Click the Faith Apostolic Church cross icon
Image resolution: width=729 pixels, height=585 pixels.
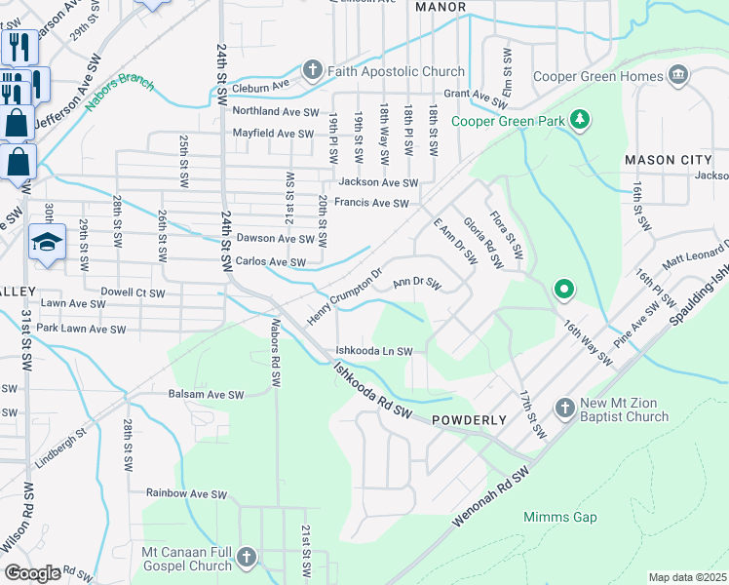(x=312, y=71)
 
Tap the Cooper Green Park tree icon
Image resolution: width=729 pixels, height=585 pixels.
(x=581, y=120)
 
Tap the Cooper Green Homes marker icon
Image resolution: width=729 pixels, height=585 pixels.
(x=679, y=75)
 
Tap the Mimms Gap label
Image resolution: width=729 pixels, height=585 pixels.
(x=559, y=517)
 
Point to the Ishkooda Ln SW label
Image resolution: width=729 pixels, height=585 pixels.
(x=374, y=351)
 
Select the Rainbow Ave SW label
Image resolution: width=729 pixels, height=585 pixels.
(x=193, y=492)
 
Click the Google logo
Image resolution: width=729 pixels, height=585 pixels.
(x=33, y=572)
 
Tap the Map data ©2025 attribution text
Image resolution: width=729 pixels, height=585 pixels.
(x=687, y=577)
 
